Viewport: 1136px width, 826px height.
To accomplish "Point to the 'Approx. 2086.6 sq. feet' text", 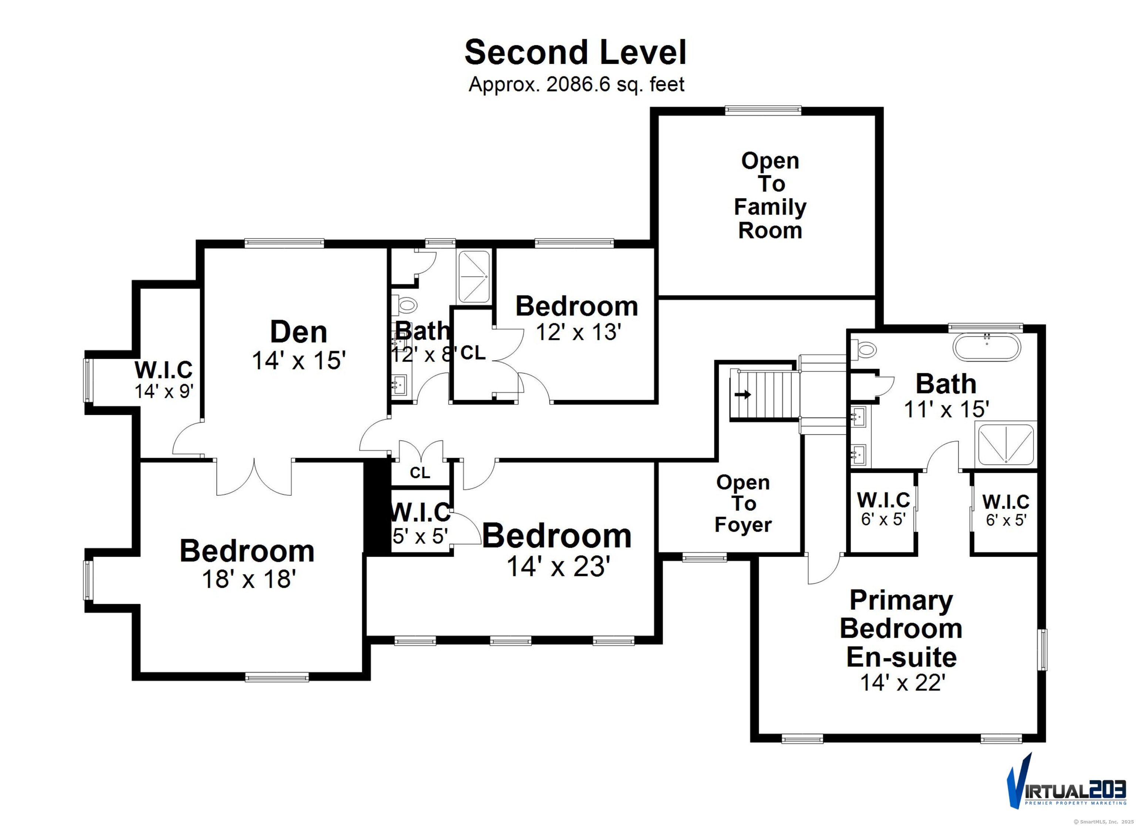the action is point(576,85).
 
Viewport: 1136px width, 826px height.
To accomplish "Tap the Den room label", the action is point(298,332).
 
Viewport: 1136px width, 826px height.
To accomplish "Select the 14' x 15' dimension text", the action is point(299,360).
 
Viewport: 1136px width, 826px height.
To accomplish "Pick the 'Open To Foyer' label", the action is point(743,504).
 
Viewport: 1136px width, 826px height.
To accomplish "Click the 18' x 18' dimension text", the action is point(249,579).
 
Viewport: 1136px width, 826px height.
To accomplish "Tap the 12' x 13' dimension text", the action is point(578,332).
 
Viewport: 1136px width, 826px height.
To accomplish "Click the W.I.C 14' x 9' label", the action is point(164,380).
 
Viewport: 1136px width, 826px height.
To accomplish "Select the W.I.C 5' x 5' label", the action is point(421,524).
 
